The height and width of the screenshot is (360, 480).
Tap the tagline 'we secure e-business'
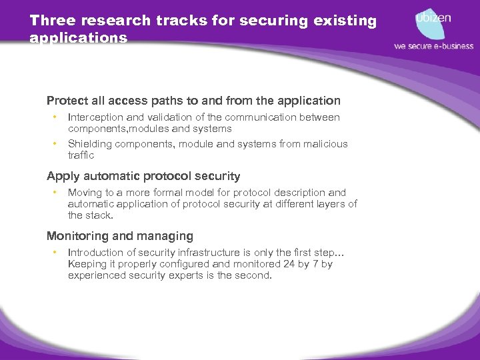[433, 46]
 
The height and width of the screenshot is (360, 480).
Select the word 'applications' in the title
[79, 38]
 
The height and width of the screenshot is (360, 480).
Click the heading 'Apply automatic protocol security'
[143, 177]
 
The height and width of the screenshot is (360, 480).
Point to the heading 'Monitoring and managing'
[120, 236]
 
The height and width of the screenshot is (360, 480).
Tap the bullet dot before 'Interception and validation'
[54, 117]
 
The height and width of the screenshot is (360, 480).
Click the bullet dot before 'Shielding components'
[54, 144]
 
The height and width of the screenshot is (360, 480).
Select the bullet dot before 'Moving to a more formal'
[54, 193]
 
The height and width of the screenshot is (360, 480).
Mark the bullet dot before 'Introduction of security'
[54, 252]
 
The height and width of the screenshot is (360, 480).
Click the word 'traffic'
[81, 155]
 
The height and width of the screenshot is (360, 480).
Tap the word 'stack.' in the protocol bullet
[100, 215]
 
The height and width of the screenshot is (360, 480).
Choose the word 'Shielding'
[89, 144]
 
